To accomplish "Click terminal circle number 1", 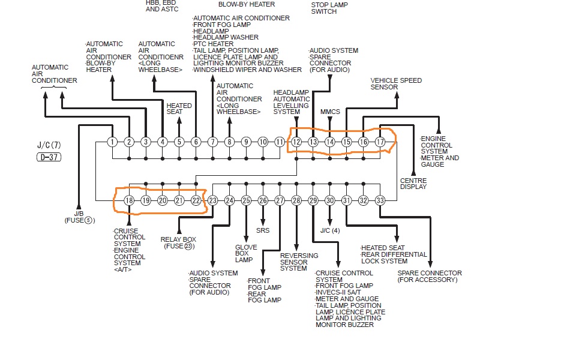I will point(112,142).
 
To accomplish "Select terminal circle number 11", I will point(280,142).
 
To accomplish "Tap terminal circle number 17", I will point(380,142).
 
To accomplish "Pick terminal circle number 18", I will point(129,200).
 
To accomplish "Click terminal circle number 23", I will point(212,200).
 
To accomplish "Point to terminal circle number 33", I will point(380,200).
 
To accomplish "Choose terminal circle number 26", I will point(263,200).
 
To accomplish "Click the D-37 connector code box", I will point(49,158).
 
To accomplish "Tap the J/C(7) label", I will point(49,145).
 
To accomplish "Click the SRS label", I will point(263,230).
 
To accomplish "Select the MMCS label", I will point(330,112).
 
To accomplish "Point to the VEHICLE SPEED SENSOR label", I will point(396,83).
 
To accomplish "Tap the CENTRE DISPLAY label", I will point(413,184).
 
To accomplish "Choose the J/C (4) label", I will point(330,230).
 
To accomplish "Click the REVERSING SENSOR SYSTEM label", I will point(299,262).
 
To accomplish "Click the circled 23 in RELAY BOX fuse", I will point(188,246).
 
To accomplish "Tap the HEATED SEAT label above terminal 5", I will point(179,109).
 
